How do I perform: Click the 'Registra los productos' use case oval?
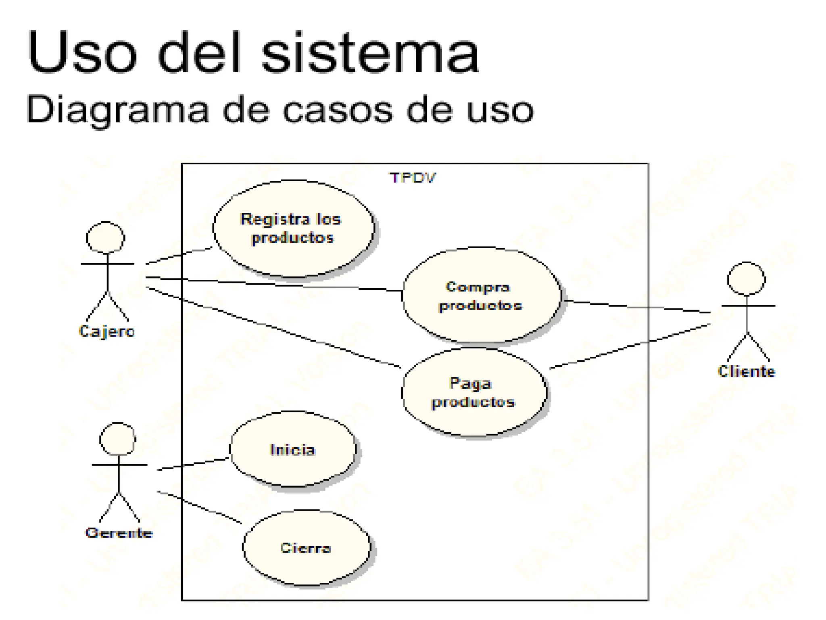click(294, 228)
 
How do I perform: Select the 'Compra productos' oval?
click(481, 295)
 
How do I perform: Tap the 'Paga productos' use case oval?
click(474, 392)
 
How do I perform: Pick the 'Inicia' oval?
click(293, 449)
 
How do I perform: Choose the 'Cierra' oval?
click(306, 547)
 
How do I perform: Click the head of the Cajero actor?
click(106, 238)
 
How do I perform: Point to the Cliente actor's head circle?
click(746, 279)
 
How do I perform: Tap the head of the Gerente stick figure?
click(118, 439)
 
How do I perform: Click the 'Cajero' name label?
click(107, 331)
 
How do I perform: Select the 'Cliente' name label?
click(746, 372)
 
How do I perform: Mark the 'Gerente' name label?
click(119, 533)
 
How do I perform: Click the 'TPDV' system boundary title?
click(412, 178)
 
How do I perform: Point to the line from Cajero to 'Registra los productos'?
click(179, 256)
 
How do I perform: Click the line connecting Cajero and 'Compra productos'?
click(274, 284)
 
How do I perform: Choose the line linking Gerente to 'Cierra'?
click(200, 507)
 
